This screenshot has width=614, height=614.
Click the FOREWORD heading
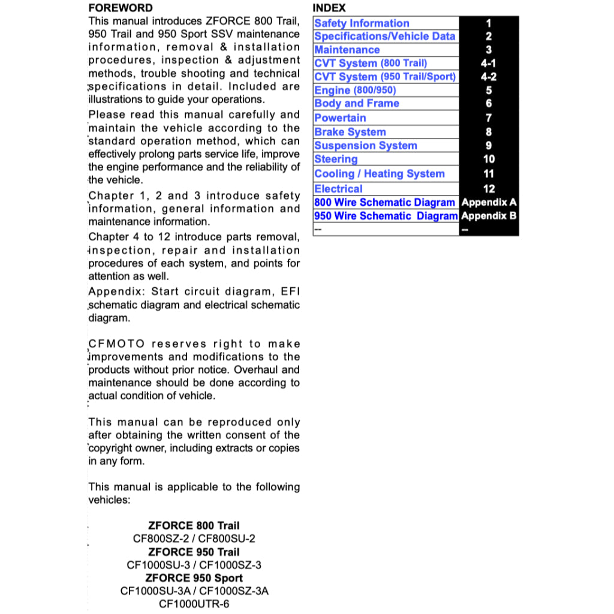point(120,8)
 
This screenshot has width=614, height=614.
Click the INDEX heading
point(329,8)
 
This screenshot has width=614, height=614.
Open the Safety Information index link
point(362,23)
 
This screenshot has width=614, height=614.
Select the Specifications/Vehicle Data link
point(384,37)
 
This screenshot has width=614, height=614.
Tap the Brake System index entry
point(350,132)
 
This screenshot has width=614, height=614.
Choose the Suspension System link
point(365,146)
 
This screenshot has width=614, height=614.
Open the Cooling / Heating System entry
point(380,174)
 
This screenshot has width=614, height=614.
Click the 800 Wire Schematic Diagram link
point(384,203)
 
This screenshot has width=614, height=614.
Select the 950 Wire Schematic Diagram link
point(386,216)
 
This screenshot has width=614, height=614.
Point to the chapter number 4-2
point(489,77)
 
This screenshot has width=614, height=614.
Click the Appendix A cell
point(489,203)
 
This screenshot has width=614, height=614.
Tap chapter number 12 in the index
point(489,189)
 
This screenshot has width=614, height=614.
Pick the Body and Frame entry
point(357,104)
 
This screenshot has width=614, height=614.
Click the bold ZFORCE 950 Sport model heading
point(194,578)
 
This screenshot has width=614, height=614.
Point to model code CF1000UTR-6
point(194,604)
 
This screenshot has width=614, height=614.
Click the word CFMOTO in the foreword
point(116,344)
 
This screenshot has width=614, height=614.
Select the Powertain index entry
point(340,118)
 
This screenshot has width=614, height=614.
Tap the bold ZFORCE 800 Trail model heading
point(194,526)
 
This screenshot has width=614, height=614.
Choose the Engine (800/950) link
point(355,91)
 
